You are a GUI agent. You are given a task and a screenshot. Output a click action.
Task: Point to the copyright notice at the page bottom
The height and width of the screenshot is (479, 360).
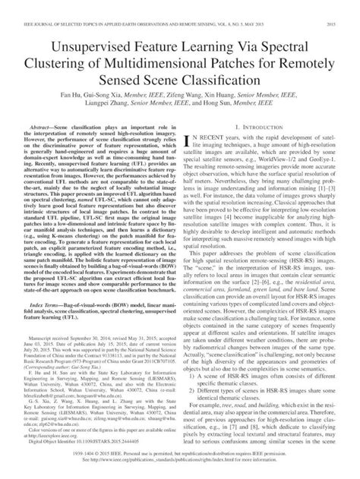pos(180,460)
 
